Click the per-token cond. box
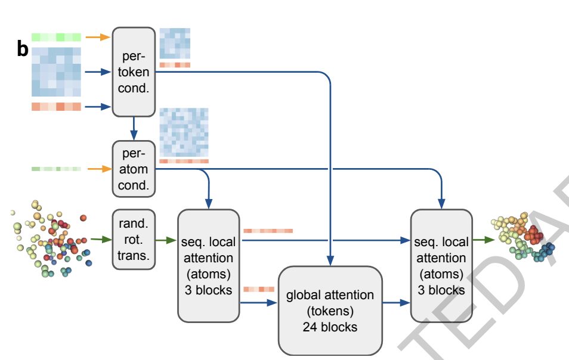134,72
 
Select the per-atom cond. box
134,169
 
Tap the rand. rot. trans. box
134,239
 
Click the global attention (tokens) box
330,311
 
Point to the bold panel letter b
23,49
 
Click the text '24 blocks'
330,327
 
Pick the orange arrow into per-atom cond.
100,169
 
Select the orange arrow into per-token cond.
98,36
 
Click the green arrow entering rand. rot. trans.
101,239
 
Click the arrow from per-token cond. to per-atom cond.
134,129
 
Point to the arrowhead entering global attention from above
330,260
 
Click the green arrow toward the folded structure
483,240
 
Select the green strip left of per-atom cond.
56,169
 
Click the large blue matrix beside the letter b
56,72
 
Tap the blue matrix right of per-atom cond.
184,132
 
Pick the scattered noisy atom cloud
51,239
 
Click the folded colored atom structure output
523,237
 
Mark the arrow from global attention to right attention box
396,302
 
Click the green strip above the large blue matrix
56,37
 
